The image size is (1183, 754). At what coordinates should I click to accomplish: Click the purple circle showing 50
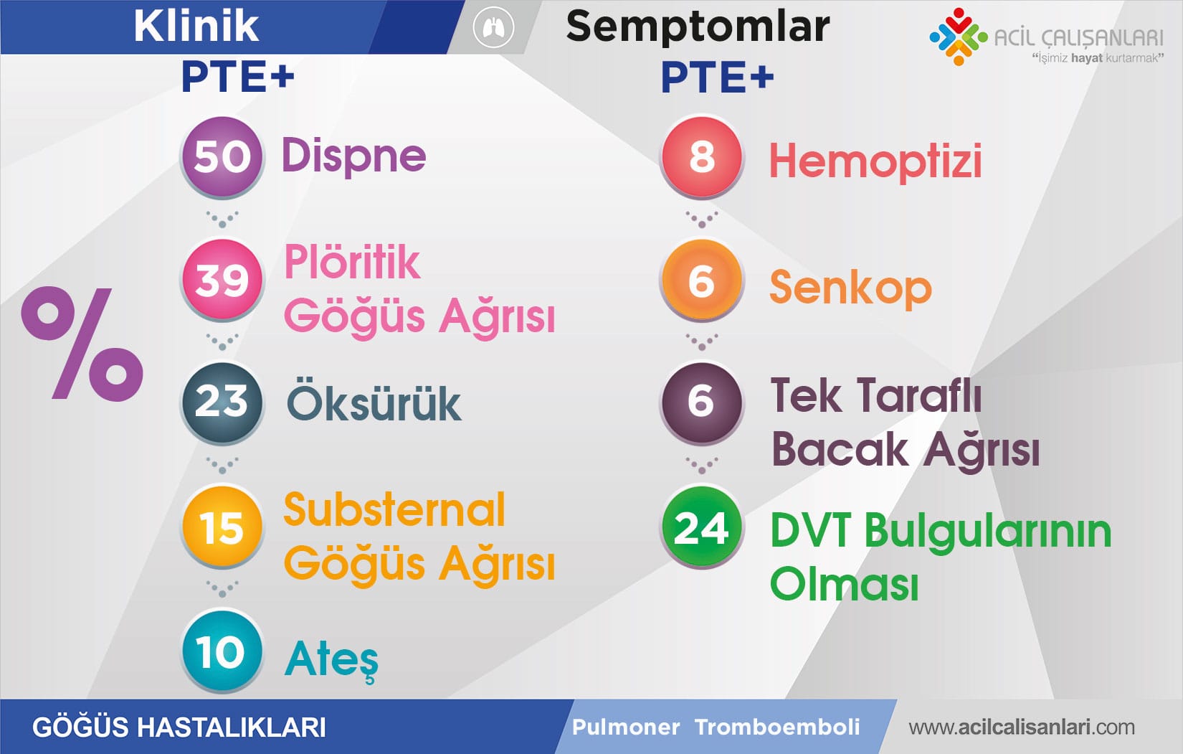[x=222, y=156]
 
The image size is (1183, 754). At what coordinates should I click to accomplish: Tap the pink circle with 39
[x=222, y=279]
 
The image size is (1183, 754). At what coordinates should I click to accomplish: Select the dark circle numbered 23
[x=222, y=402]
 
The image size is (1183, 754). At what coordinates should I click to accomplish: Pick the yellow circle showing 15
[x=222, y=527]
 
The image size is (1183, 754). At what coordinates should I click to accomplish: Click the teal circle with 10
[x=222, y=650]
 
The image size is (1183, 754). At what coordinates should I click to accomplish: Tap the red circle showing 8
[x=701, y=156]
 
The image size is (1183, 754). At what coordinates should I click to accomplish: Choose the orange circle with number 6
[x=701, y=280]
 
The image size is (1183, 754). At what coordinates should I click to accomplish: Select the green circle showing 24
[x=701, y=527]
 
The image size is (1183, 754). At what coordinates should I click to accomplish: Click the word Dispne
[x=354, y=156]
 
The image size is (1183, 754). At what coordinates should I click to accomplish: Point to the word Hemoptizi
[x=875, y=161]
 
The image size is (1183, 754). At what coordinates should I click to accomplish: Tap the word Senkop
[x=850, y=288]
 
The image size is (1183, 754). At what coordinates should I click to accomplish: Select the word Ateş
[x=332, y=661]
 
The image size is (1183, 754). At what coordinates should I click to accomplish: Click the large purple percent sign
[x=82, y=344]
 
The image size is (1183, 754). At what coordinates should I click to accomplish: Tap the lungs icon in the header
[x=493, y=27]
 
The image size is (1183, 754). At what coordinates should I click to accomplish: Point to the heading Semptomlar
[x=698, y=27]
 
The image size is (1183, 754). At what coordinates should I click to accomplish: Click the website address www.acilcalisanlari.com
[x=1022, y=727]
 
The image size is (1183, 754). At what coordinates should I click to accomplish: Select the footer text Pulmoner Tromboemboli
[x=716, y=727]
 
